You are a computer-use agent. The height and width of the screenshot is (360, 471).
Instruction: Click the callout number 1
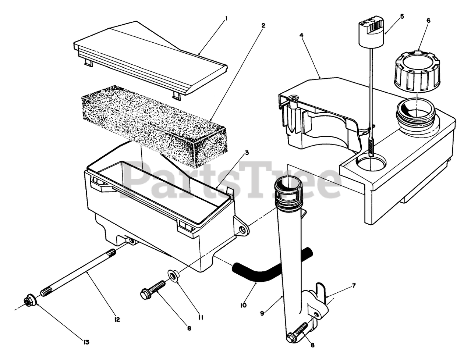pyautogui.click(x=227, y=17)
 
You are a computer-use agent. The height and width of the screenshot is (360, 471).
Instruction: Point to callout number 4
pyautogui.click(x=301, y=35)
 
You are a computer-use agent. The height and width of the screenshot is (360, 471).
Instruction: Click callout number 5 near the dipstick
pyautogui.click(x=402, y=17)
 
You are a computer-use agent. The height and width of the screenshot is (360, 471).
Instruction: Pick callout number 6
pyautogui.click(x=428, y=21)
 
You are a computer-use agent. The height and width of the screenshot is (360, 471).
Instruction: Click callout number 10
pyautogui.click(x=243, y=305)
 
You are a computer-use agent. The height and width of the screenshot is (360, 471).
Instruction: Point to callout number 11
pyautogui.click(x=201, y=317)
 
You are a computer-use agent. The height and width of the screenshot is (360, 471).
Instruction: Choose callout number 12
pyautogui.click(x=117, y=319)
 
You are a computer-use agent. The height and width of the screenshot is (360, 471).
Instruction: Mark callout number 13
pyautogui.click(x=86, y=342)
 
